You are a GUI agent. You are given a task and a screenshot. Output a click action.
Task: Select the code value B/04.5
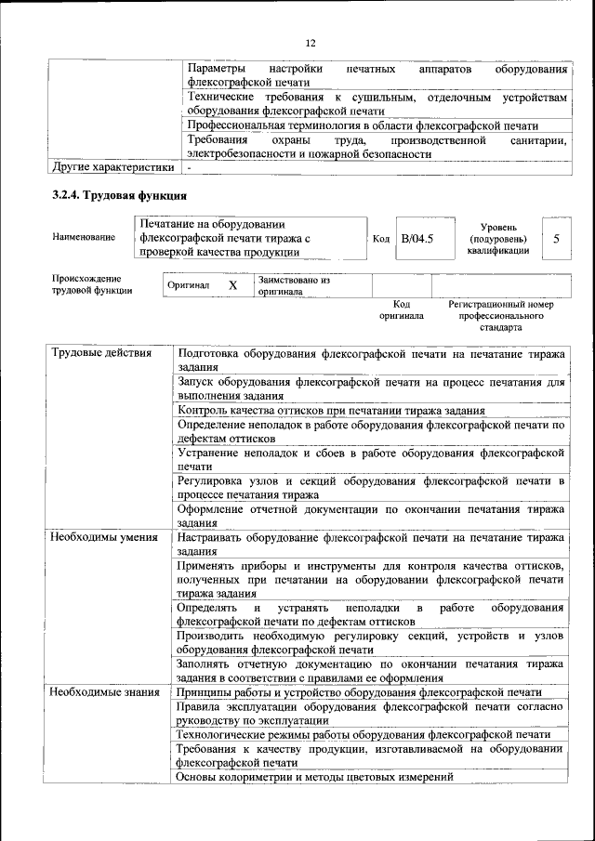click(416, 239)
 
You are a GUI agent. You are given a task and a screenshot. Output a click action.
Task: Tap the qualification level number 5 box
click(556, 239)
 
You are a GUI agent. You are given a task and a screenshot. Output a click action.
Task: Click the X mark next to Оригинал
click(233, 285)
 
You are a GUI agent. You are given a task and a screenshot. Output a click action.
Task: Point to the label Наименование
click(85, 237)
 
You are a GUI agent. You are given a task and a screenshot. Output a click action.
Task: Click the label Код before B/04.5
click(380, 239)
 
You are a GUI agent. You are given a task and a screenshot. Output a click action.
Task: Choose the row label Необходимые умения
click(104, 537)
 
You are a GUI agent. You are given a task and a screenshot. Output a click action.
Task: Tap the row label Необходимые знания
click(103, 692)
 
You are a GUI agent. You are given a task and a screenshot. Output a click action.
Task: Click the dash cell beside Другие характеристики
click(189, 168)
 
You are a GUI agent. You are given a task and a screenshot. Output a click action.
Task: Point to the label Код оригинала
click(401, 309)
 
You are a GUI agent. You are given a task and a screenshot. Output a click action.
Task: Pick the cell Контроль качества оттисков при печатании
click(330, 410)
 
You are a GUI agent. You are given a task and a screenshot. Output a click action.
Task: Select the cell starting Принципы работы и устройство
click(359, 692)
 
